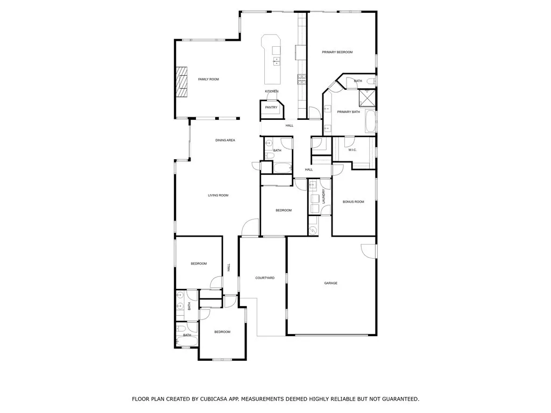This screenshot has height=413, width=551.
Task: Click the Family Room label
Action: pyautogui.click(x=208, y=80)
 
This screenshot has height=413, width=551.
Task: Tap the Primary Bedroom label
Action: pyautogui.click(x=337, y=52)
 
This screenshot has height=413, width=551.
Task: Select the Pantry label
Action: pyautogui.click(x=271, y=108)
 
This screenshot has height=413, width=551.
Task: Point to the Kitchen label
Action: pyautogui.click(x=271, y=91)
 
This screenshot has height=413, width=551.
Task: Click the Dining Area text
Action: pyautogui.click(x=225, y=140)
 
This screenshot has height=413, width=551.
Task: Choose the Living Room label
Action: pyautogui.click(x=218, y=195)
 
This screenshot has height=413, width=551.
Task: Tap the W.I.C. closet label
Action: pyautogui.click(x=352, y=150)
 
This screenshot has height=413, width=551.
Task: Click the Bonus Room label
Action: pyautogui.click(x=354, y=202)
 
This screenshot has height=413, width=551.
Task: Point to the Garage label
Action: pyautogui.click(x=330, y=283)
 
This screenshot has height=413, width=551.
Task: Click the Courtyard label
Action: pyautogui.click(x=265, y=278)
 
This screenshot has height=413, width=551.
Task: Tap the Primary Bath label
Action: pyautogui.click(x=348, y=112)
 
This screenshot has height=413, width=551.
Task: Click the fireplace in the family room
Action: pyautogui.click(x=182, y=82)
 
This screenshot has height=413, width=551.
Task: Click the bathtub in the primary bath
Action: pyautogui.click(x=370, y=122)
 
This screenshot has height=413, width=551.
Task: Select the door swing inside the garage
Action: pyautogui.click(x=368, y=251)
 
